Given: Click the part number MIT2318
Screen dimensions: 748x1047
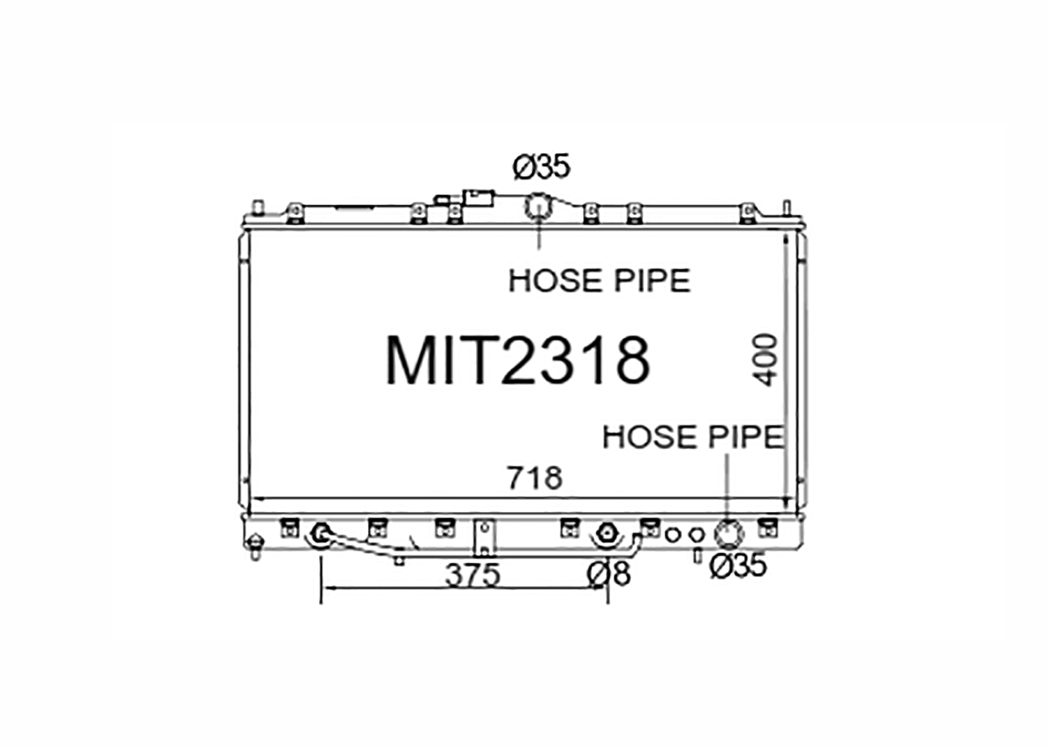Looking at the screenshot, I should point(517,360).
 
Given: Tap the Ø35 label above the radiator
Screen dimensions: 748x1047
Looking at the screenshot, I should point(542,167).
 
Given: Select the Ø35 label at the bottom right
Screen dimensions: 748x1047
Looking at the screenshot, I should point(738,565).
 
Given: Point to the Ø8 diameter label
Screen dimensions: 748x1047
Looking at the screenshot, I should point(609,573).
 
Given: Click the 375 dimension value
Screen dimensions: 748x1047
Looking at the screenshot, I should point(473,575).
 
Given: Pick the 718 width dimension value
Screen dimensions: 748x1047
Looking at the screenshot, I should point(535,478).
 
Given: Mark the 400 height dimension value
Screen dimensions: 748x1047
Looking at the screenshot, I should point(766,360).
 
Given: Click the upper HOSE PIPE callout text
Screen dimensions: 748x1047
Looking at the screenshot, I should point(599,281).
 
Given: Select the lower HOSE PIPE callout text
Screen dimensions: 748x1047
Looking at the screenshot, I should point(692,437).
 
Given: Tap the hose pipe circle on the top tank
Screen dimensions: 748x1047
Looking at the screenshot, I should point(538,207).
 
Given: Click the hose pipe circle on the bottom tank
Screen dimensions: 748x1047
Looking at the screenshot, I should point(728,534).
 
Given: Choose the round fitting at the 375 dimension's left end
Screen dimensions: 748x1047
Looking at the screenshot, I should point(320,535).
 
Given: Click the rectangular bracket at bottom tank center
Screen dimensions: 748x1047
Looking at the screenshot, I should point(484,536).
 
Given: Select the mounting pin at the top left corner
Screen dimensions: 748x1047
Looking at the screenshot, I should point(257,209).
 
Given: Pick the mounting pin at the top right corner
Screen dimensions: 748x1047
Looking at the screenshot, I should point(787,208).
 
